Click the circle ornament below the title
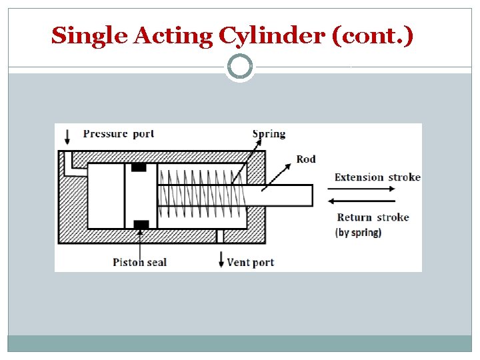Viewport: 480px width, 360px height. [x=240, y=67]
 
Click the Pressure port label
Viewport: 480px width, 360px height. [x=118, y=133]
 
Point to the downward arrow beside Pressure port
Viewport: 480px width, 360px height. [x=67, y=136]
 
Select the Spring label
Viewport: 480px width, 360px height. [x=269, y=133]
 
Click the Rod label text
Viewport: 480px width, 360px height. [x=306, y=159]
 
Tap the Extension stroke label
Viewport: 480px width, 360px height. [x=377, y=177]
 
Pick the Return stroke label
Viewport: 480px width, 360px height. [x=373, y=217]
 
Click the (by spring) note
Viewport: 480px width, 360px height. [x=358, y=233]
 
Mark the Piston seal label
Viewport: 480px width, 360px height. [x=139, y=262]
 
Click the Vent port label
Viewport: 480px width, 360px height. [x=250, y=262]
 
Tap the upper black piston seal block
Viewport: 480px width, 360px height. [x=139, y=167]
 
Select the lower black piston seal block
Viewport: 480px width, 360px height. [x=140, y=225]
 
